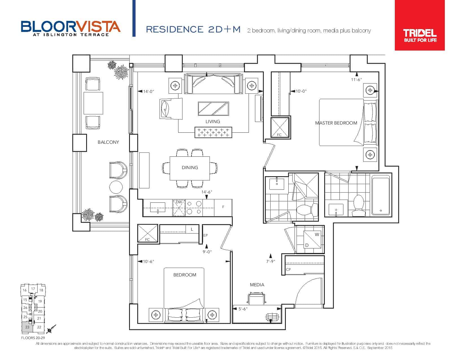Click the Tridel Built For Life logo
click(419, 25)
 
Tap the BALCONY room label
click(108, 142)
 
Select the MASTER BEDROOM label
click(336, 123)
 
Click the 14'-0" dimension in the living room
click(148, 91)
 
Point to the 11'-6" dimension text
click(356, 80)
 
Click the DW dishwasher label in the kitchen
click(179, 202)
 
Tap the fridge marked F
click(223, 207)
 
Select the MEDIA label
click(257, 285)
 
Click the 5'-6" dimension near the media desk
click(243, 309)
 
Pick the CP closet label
click(288, 270)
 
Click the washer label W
click(317, 235)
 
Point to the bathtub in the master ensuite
click(381, 195)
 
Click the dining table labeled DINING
click(190, 168)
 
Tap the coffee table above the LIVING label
click(213, 109)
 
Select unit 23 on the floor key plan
click(27, 327)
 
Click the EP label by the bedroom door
click(205, 235)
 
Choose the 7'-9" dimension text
click(271, 261)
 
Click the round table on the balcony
click(116, 187)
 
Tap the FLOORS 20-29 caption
click(33, 338)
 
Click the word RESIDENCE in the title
click(175, 29)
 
